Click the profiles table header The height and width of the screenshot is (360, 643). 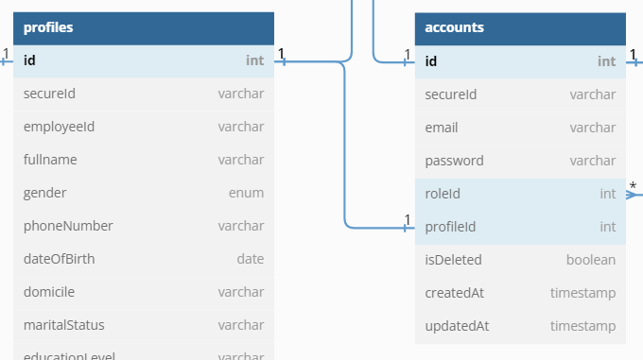(49, 27)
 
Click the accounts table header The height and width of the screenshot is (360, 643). (455, 27)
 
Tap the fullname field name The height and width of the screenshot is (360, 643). (50, 160)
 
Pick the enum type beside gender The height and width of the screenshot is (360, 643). (246, 193)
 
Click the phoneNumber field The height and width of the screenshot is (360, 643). (68, 226)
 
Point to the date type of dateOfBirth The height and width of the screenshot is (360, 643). (250, 259)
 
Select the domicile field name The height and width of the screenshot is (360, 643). (49, 292)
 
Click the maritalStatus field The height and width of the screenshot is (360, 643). (63, 325)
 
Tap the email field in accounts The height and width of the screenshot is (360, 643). (442, 128)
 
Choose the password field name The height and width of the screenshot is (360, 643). (455, 161)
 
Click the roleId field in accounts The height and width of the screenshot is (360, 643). (443, 194)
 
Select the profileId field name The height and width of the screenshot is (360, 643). (450, 227)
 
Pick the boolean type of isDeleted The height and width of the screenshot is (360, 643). (591, 260)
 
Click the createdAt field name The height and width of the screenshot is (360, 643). (455, 293)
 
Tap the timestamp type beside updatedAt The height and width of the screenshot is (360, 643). (582, 326)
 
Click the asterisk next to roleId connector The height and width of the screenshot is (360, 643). (633, 186)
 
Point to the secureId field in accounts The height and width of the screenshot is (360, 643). (451, 94)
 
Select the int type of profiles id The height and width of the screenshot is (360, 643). (254, 61)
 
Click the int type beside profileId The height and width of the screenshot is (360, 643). (607, 227)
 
